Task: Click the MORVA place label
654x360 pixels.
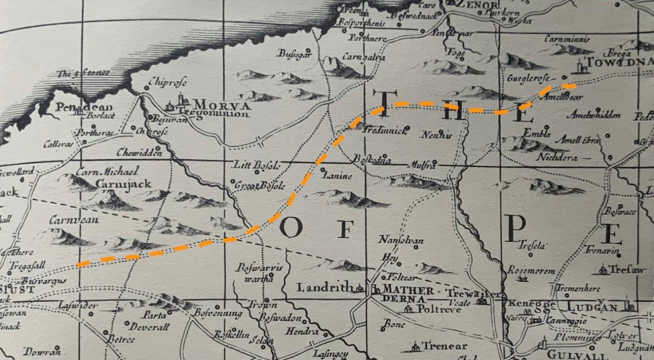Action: click(x=222, y=104)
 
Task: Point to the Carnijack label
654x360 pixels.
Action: click(x=123, y=184)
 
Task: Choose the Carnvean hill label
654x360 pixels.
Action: click(x=74, y=219)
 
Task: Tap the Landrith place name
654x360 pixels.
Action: click(x=325, y=288)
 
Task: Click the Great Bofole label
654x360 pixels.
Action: click(x=260, y=185)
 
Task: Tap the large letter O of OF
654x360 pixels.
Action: click(x=291, y=227)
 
